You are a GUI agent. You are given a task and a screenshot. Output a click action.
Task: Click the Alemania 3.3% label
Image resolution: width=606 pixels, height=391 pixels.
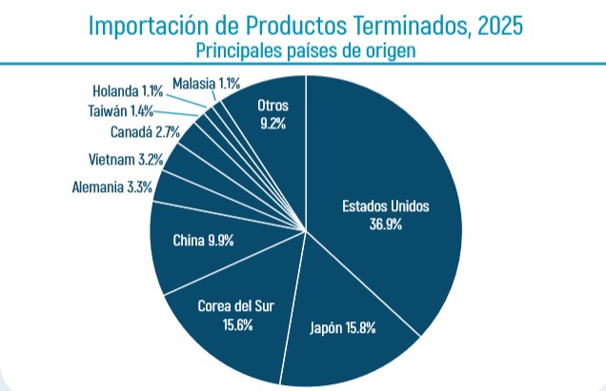[112, 187]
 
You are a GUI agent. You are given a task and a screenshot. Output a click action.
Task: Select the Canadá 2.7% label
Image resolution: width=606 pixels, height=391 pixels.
[144, 132]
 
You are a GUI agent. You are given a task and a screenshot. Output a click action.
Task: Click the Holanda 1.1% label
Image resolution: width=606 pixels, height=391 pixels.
[127, 91]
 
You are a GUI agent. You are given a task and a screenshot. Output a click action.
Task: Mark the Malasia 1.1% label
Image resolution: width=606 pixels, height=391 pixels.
[206, 83]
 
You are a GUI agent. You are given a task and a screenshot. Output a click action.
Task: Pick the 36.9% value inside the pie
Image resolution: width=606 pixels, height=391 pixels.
[386, 225]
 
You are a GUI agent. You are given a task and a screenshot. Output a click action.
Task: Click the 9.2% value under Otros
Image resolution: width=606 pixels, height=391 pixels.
[273, 122]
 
